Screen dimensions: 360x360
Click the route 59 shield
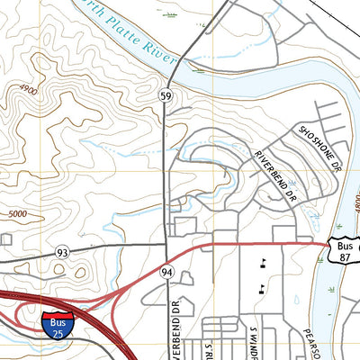pyautogui.click(x=166, y=94)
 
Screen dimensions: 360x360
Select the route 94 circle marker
pyautogui.click(x=166, y=271)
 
